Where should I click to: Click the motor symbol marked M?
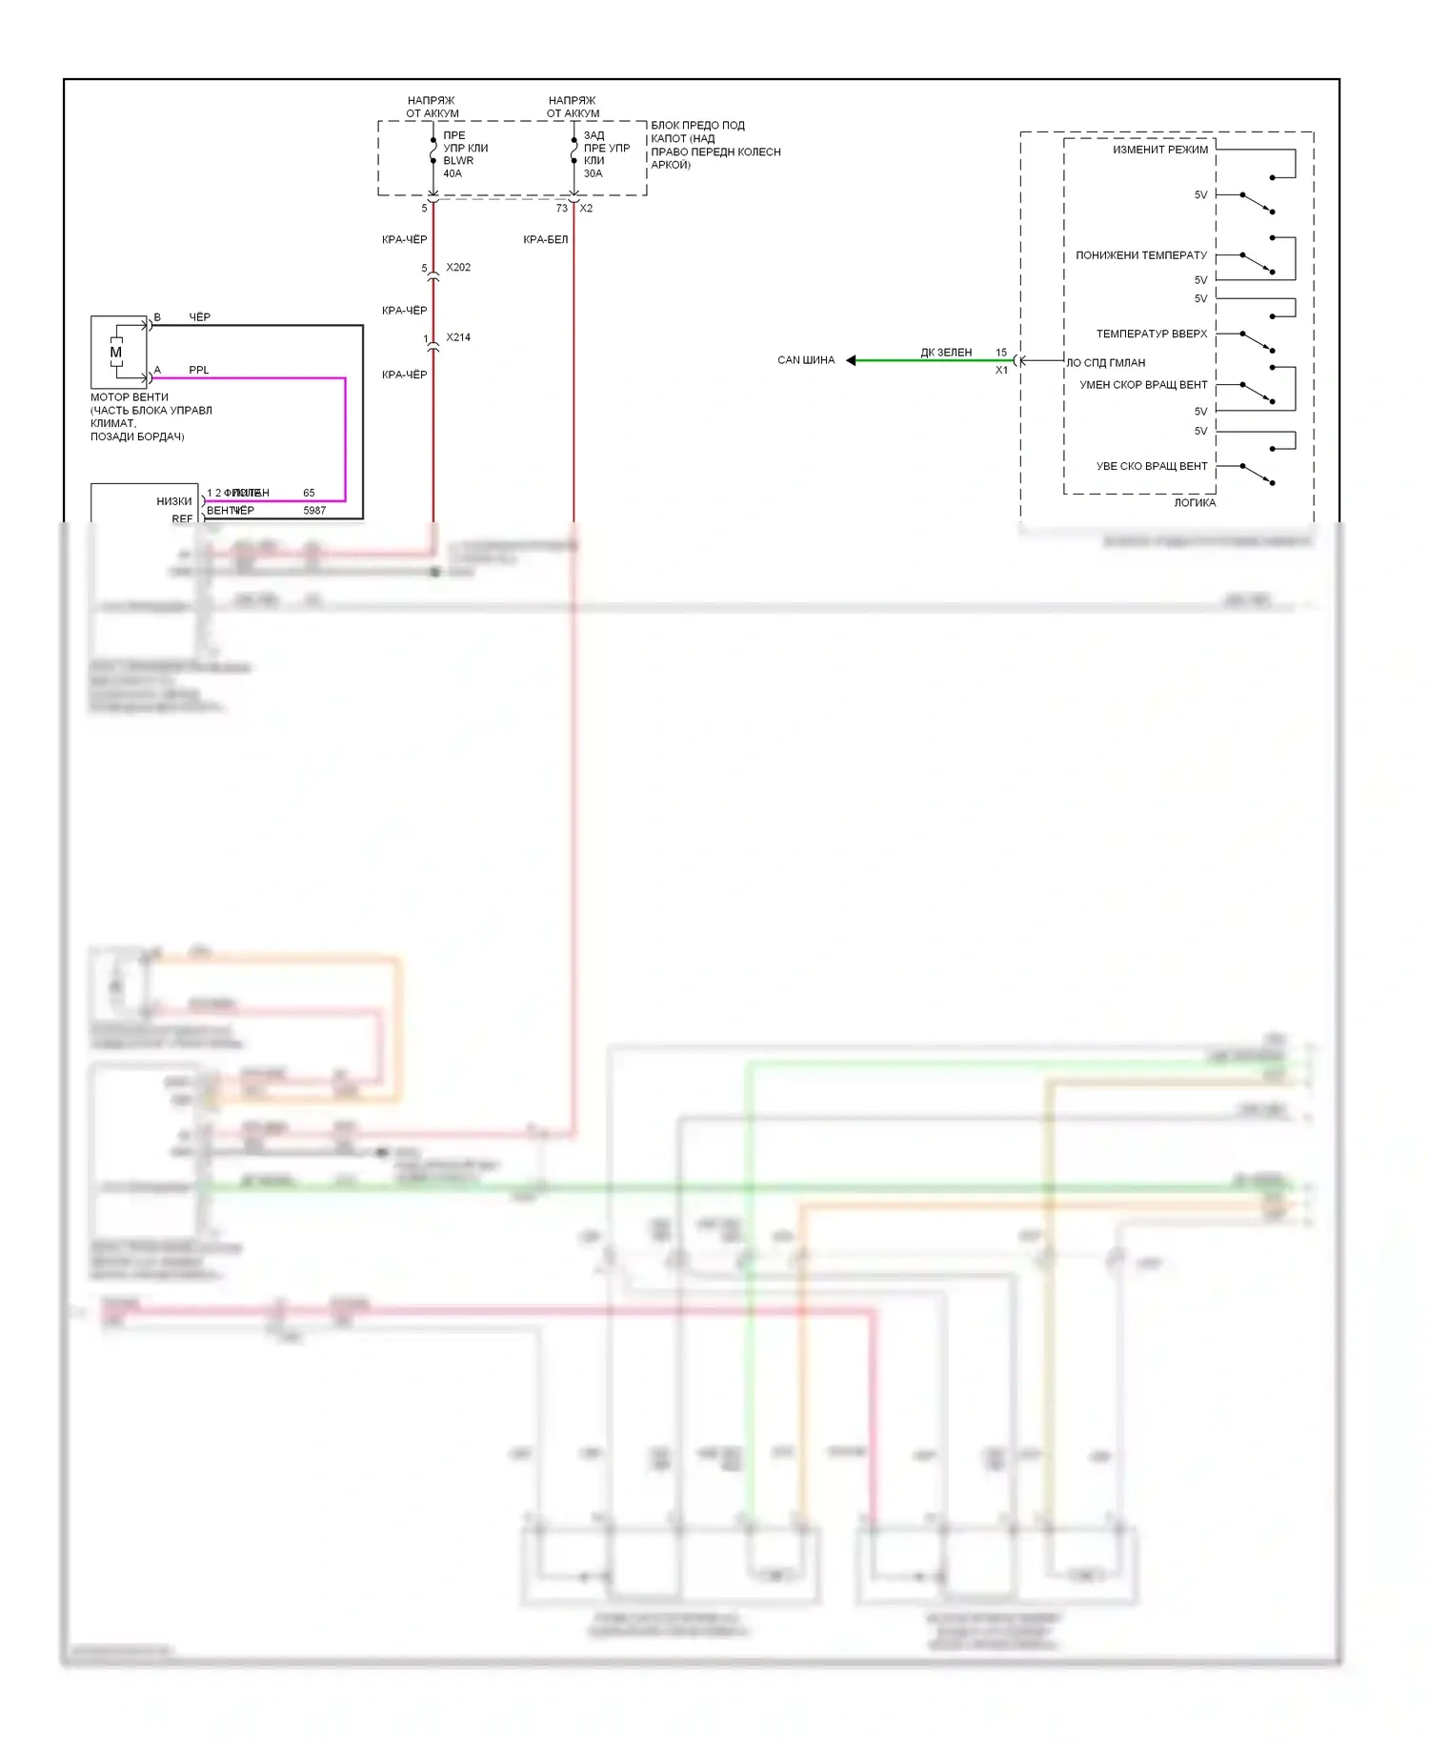116,353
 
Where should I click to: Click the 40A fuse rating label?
453,173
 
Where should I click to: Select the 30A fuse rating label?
593,173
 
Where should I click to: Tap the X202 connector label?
458,268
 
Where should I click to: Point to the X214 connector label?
458,337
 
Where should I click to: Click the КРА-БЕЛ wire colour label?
545,239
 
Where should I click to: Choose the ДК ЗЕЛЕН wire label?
946,353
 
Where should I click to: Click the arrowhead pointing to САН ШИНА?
852,360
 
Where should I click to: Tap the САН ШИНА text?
806,360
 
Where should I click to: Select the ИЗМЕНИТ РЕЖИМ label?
1160,150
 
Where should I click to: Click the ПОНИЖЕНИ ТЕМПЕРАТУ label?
1141,255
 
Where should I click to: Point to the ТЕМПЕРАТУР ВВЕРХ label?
1152,334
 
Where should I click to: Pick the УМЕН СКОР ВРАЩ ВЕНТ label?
1143,385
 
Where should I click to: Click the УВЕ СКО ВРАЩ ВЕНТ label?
1152,467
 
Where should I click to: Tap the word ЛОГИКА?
1195,503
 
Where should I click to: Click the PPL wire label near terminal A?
198,370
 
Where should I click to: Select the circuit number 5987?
314,511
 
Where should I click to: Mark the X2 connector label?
586,209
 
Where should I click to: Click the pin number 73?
562,209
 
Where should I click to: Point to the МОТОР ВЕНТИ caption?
130,397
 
